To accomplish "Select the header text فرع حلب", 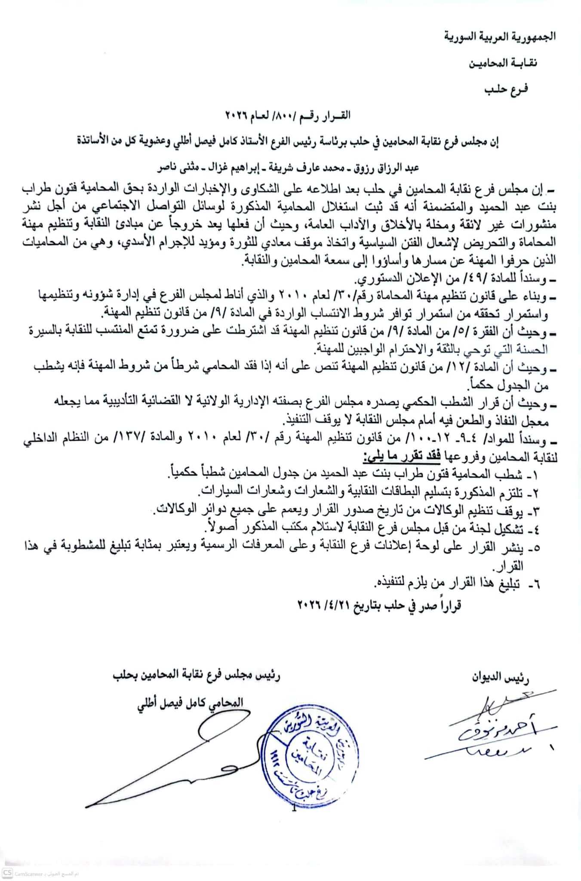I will click(x=506, y=89).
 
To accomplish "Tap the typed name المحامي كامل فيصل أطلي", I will click(x=190, y=702).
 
